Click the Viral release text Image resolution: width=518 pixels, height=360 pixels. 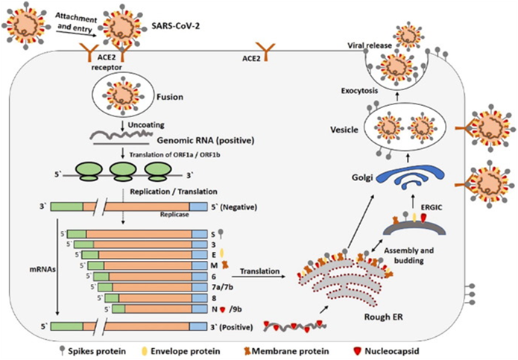pos(367,45)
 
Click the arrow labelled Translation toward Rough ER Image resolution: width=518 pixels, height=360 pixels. pos(260,275)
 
